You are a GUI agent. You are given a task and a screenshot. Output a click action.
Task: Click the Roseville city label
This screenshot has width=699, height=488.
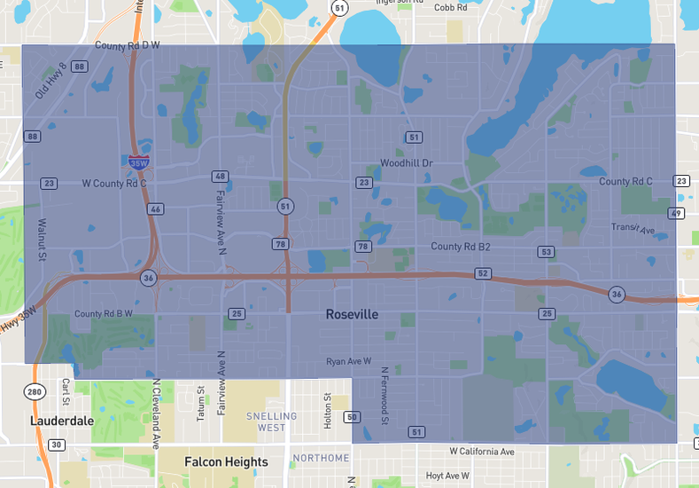(x=352, y=314)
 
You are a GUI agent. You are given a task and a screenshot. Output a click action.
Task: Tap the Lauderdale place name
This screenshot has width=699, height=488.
(x=61, y=421)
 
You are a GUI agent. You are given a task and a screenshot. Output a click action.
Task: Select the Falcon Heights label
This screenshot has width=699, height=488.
(x=226, y=462)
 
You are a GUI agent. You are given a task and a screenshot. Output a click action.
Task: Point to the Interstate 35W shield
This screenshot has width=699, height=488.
(x=138, y=162)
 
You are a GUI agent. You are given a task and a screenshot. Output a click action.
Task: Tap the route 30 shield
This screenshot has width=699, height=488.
(x=57, y=445)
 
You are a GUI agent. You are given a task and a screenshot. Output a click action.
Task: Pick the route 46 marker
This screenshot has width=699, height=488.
(x=156, y=209)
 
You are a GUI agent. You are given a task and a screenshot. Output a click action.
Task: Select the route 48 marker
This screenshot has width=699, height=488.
(x=220, y=177)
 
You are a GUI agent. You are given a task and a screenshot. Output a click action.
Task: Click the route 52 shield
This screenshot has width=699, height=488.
(x=483, y=274)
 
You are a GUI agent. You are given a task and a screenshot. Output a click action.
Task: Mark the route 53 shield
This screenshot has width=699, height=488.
(x=547, y=252)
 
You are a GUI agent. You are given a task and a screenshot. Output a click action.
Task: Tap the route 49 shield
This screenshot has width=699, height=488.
(x=677, y=213)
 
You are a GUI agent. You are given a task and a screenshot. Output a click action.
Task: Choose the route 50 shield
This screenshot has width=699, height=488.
(x=352, y=416)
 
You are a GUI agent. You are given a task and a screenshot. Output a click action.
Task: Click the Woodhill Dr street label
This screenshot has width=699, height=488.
(x=406, y=163)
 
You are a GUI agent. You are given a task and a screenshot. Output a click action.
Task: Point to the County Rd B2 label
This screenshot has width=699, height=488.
(x=461, y=246)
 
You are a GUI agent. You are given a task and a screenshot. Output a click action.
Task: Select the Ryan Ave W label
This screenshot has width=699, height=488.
(x=348, y=361)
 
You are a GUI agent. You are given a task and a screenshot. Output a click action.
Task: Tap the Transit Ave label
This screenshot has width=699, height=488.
(x=633, y=229)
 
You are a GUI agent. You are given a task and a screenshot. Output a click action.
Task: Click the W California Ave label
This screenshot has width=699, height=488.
(x=481, y=452)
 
